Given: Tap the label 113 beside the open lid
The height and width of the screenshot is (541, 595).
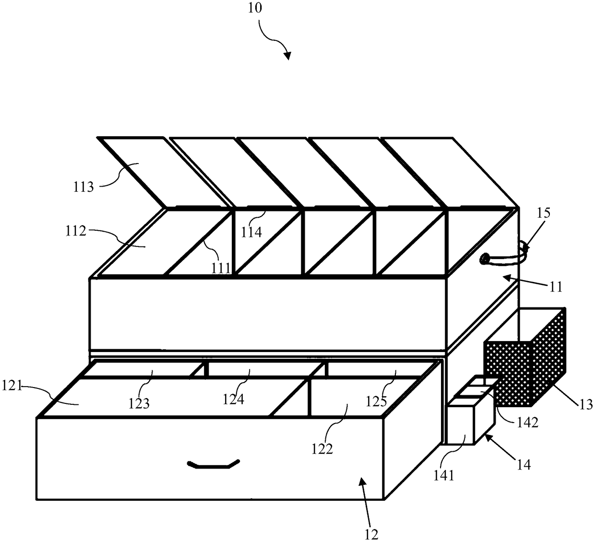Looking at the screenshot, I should coord(84,187).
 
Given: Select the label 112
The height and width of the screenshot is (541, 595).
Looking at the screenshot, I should coord(76,232).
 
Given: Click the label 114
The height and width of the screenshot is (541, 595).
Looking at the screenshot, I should coord(251,232).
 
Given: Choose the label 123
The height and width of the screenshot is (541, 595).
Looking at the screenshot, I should coord(139,403).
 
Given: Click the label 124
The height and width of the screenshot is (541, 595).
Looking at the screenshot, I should coord(234,399).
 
